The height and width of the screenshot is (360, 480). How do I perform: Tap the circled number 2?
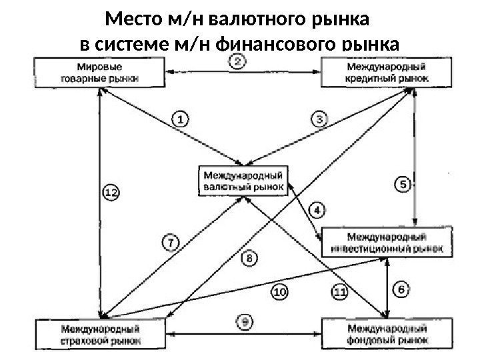pos(239,62)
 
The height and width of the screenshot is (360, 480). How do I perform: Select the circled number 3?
pos(321,119)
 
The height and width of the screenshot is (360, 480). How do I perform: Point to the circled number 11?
pos(340,291)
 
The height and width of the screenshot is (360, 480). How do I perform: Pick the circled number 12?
pos(112,193)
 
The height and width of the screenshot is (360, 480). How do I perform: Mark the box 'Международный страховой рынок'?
pos(101,334)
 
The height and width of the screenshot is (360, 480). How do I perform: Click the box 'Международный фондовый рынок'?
pos(387,334)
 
